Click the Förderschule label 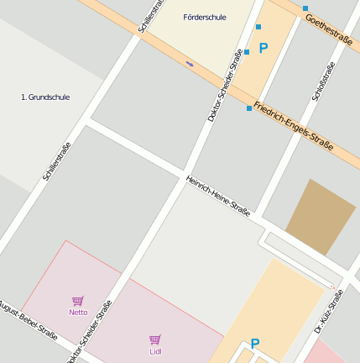tap(204, 17)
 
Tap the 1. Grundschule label tap(45, 97)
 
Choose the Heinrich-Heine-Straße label tap(218, 196)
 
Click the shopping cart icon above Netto tap(78, 300)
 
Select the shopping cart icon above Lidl tap(155, 339)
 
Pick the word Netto tap(78, 312)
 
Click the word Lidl tap(155, 351)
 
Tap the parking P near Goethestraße tap(263, 49)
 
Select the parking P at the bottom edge tap(255, 344)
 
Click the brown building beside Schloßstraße tap(321, 217)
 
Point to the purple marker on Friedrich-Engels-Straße tap(190, 63)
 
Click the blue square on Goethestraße tap(305, 8)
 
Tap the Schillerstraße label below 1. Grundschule tap(56, 162)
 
